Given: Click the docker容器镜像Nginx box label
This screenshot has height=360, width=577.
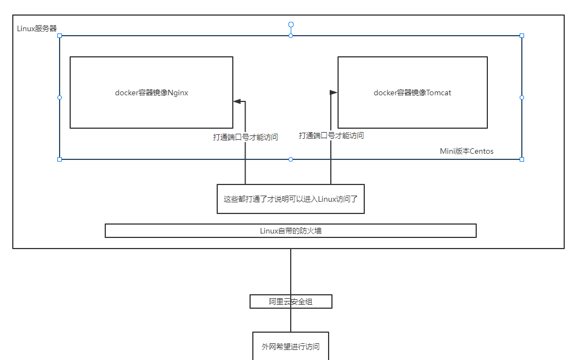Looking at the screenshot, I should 151,93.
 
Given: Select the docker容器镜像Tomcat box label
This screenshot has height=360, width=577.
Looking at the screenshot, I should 412,93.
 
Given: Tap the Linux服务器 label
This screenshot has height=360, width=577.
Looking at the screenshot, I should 37,28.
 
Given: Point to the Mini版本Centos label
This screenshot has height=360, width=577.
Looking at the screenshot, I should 467,151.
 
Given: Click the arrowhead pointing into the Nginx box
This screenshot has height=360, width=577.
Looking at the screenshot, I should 237,101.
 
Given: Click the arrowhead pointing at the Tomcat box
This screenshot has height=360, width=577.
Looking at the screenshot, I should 333,93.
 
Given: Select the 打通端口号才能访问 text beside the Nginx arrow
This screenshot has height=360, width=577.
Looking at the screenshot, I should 246,137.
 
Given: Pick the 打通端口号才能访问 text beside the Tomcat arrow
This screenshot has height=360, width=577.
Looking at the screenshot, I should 331,135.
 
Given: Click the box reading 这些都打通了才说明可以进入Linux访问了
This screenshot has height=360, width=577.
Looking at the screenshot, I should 290,199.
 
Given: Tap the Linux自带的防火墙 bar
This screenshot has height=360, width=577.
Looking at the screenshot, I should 290,231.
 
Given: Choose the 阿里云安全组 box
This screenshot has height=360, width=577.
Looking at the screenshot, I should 290,301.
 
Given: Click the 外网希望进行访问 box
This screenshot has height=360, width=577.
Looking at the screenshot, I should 290,346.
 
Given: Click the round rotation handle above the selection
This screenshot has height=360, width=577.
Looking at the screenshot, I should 291,25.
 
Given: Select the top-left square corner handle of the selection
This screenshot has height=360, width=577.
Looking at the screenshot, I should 60,36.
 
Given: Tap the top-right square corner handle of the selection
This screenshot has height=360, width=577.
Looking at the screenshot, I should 522,36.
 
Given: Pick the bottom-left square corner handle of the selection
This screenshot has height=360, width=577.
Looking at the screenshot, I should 60,159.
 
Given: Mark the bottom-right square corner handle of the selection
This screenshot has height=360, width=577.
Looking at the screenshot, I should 522,159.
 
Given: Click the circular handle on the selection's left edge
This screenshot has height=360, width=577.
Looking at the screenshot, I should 60,98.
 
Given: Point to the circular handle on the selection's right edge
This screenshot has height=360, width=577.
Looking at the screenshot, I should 522,98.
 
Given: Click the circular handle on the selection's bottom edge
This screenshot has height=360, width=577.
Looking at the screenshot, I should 291,159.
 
